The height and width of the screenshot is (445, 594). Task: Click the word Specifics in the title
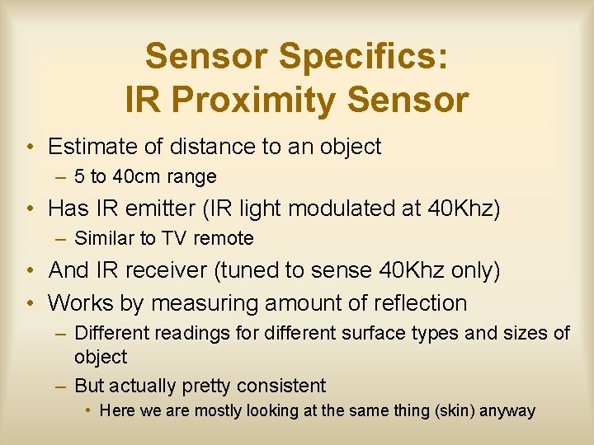(x=364, y=57)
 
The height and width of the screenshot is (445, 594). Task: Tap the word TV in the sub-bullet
(x=174, y=239)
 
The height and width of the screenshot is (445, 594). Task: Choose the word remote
(x=223, y=239)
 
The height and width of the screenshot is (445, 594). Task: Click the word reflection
(x=420, y=302)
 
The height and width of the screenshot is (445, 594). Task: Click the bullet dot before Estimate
(x=29, y=148)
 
